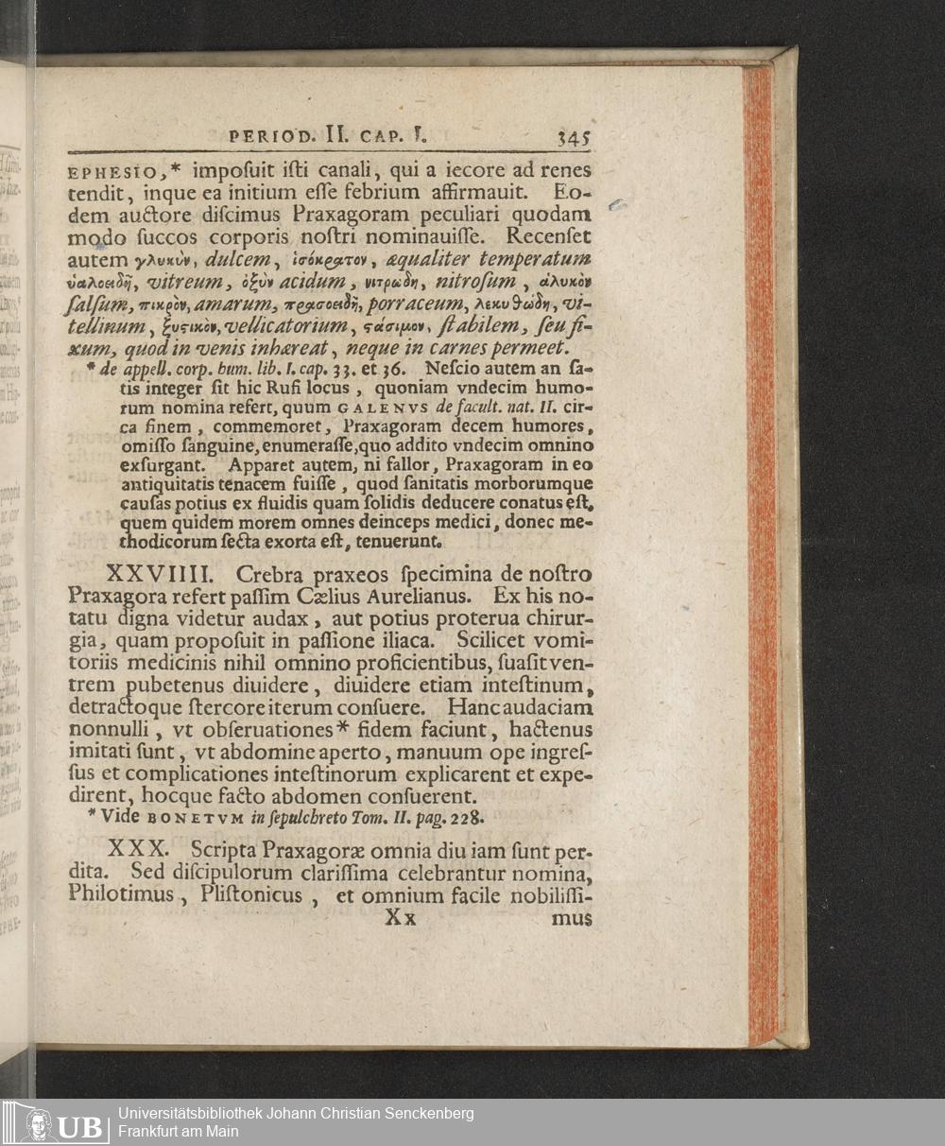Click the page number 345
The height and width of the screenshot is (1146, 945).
[574, 137]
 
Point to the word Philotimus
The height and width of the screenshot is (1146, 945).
[121, 894]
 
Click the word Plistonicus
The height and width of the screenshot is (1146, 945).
[251, 894]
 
